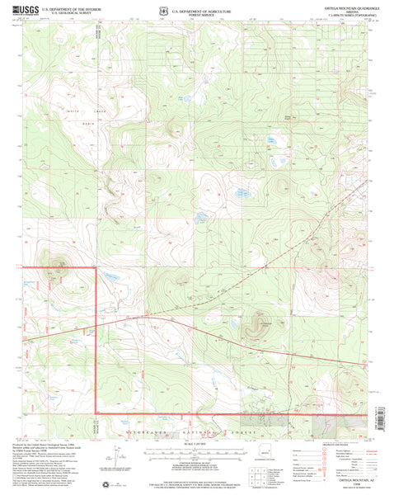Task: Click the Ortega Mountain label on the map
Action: (261, 323)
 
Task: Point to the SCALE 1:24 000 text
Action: (196, 445)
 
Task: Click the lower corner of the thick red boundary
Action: (96, 412)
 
